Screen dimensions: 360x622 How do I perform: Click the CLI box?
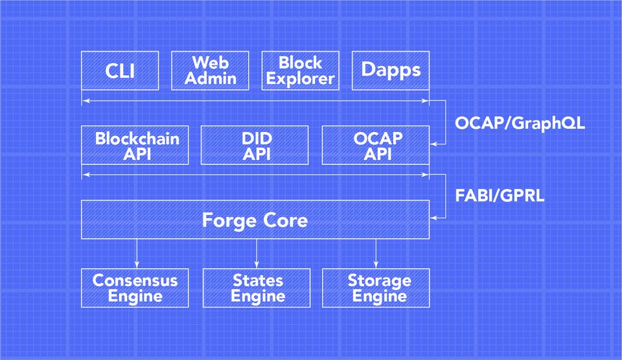120,70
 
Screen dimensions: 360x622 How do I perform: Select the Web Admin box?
210,70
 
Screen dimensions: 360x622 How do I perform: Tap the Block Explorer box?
300,70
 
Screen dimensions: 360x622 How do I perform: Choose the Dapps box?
390,70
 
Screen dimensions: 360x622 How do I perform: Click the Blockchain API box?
135,145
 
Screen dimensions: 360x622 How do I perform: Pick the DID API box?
257,145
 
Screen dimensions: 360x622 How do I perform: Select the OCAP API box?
376,145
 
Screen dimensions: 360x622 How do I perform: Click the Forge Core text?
255,220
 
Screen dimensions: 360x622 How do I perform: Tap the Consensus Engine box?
135,287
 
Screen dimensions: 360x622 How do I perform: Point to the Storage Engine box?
376,287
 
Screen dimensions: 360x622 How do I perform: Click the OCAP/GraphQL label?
520,123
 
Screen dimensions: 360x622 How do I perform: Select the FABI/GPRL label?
500,196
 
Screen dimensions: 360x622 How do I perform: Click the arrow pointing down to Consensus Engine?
137,253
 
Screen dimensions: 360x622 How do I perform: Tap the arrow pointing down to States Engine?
257,253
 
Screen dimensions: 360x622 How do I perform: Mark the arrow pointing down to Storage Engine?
376,253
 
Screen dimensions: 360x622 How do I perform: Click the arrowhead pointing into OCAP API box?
433,144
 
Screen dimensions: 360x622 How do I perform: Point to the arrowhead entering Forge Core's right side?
433,218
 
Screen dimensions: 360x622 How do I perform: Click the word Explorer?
300,79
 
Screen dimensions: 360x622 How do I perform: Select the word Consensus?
135,280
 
